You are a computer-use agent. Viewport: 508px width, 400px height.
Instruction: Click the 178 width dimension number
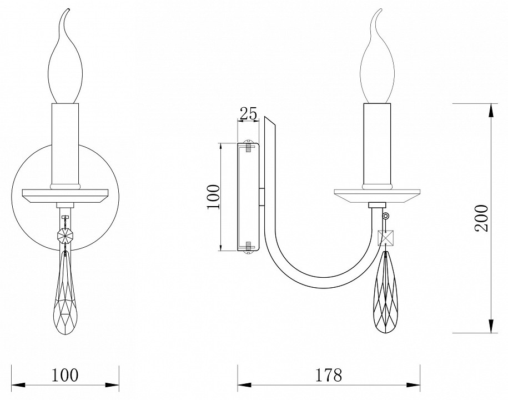click(329, 375)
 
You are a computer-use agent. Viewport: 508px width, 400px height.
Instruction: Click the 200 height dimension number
click(481, 218)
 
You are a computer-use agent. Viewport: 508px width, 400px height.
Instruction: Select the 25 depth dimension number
click(248, 113)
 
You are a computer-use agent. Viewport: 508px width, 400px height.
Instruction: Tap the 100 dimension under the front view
click(65, 375)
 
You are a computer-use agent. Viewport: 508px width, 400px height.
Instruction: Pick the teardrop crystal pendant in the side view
click(386, 292)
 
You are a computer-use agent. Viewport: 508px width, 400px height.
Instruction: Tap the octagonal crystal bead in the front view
click(65, 234)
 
